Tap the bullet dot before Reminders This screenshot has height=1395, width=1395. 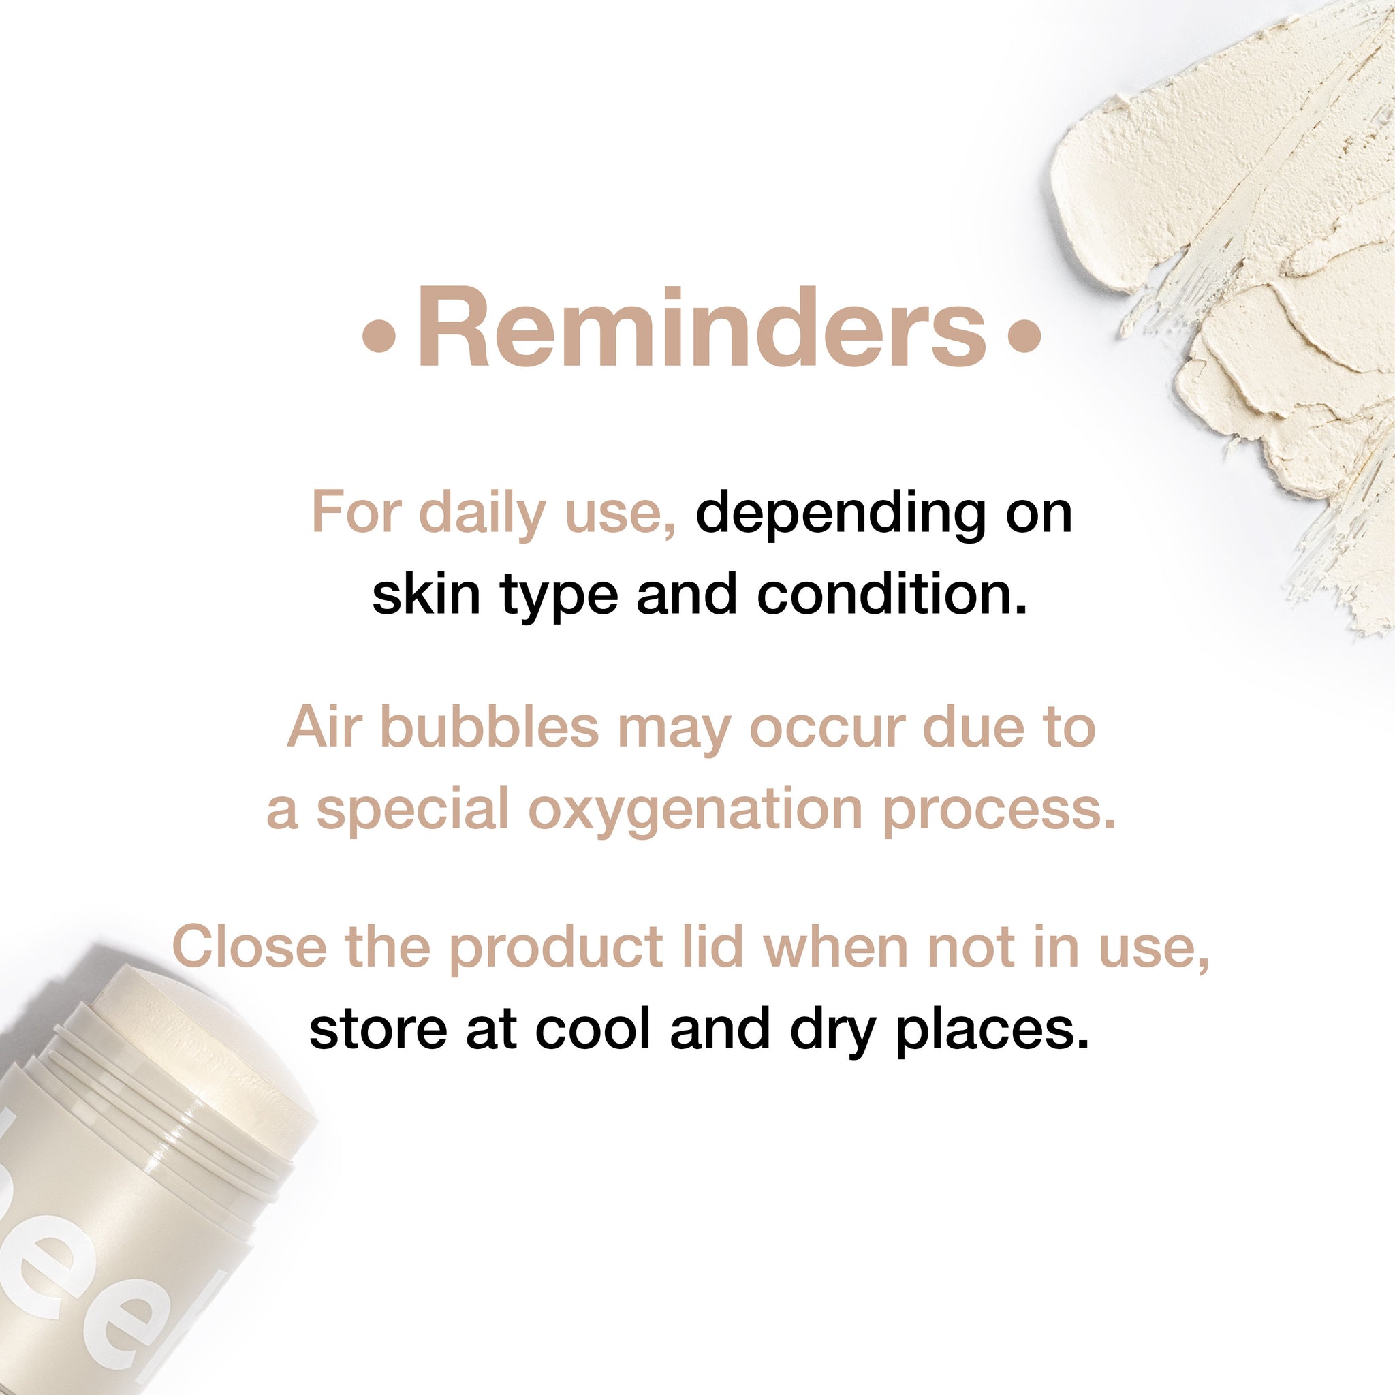[379, 336]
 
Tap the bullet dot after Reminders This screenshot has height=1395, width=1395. [1024, 336]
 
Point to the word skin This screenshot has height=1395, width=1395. [426, 593]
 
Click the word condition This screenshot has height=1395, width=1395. [892, 593]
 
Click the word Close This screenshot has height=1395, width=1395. [249, 947]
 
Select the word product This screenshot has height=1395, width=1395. [556, 947]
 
